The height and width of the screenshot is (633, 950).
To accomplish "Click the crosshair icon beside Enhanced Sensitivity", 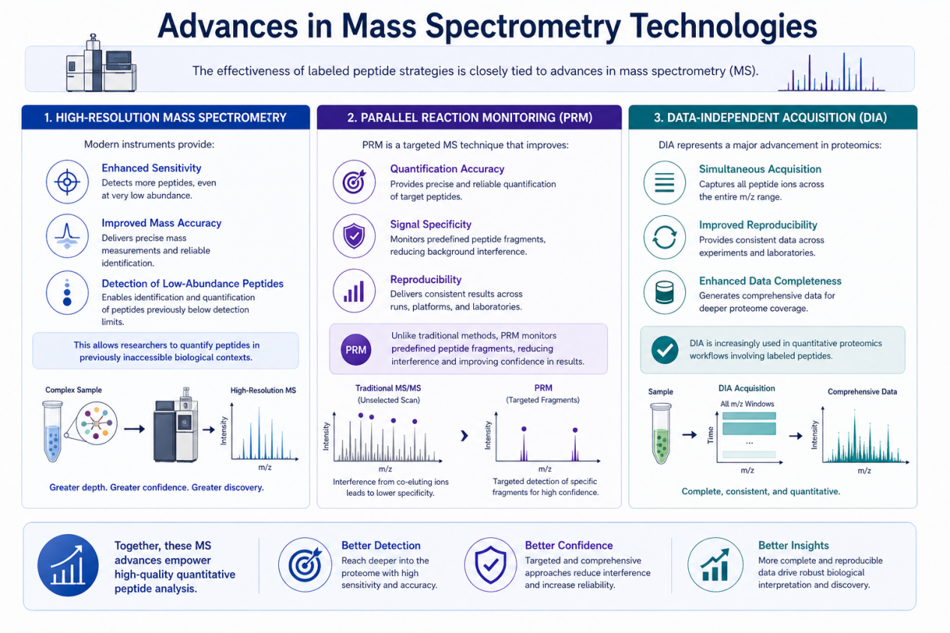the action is (x=67, y=182).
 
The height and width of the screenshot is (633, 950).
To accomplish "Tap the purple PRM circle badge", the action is (x=356, y=350).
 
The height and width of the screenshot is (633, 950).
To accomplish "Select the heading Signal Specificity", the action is (x=430, y=224).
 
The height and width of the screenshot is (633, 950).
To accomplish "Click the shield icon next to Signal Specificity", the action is (x=354, y=236).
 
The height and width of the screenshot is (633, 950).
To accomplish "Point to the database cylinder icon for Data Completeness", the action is (x=664, y=292).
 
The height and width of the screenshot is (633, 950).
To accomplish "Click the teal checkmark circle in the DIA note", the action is (x=664, y=350).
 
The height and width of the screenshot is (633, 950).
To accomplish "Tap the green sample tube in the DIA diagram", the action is (x=661, y=433).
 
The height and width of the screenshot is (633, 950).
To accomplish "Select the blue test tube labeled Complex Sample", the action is (x=52, y=431).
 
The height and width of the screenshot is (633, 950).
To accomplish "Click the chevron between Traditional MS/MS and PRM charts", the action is (x=464, y=435).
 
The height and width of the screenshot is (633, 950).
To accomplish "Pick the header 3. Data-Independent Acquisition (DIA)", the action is (x=770, y=118).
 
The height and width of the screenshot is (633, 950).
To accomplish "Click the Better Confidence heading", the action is (x=569, y=545).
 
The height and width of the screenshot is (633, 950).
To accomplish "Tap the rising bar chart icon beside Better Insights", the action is (x=715, y=565).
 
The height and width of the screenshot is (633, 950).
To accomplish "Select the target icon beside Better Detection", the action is (x=305, y=565).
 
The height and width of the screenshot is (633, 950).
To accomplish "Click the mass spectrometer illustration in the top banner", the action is (x=101, y=64).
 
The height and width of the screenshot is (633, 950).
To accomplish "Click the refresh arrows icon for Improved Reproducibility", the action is (x=664, y=237).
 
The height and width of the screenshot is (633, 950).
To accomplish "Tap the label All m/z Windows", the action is (x=747, y=404).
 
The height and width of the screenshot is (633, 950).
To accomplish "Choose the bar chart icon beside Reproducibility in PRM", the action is (x=354, y=291).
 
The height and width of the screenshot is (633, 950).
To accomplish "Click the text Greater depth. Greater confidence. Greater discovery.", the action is (x=157, y=487).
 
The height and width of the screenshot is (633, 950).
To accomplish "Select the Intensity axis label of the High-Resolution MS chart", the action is (x=224, y=431).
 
